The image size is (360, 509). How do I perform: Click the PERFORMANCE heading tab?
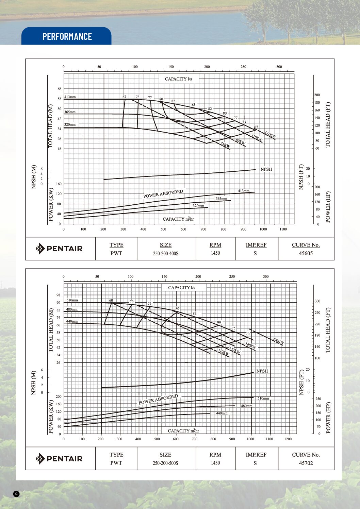67,36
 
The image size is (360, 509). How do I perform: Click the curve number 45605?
306,253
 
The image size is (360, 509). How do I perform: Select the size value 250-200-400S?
166,254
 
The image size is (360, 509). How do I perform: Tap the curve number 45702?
306,463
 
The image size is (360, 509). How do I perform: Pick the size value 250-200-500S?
165,463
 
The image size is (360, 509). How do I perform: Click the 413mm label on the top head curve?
70,97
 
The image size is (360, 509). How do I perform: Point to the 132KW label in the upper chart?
270,135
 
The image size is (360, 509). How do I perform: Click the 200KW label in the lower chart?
278,341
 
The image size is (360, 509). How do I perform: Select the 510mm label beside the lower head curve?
72,300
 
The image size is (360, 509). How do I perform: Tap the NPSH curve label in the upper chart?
266,169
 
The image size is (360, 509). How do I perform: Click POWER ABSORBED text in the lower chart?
158,400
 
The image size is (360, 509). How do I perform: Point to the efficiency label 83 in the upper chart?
193,104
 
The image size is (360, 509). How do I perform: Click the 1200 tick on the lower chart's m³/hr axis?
288,439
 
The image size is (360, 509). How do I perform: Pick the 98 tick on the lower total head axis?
59,295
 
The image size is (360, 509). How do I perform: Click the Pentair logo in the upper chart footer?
60,249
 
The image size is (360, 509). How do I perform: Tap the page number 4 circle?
16,494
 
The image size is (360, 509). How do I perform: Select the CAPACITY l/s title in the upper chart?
178,79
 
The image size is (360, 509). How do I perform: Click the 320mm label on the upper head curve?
70,124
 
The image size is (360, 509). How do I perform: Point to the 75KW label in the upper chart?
225,145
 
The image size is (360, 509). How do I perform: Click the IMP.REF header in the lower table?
256,455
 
